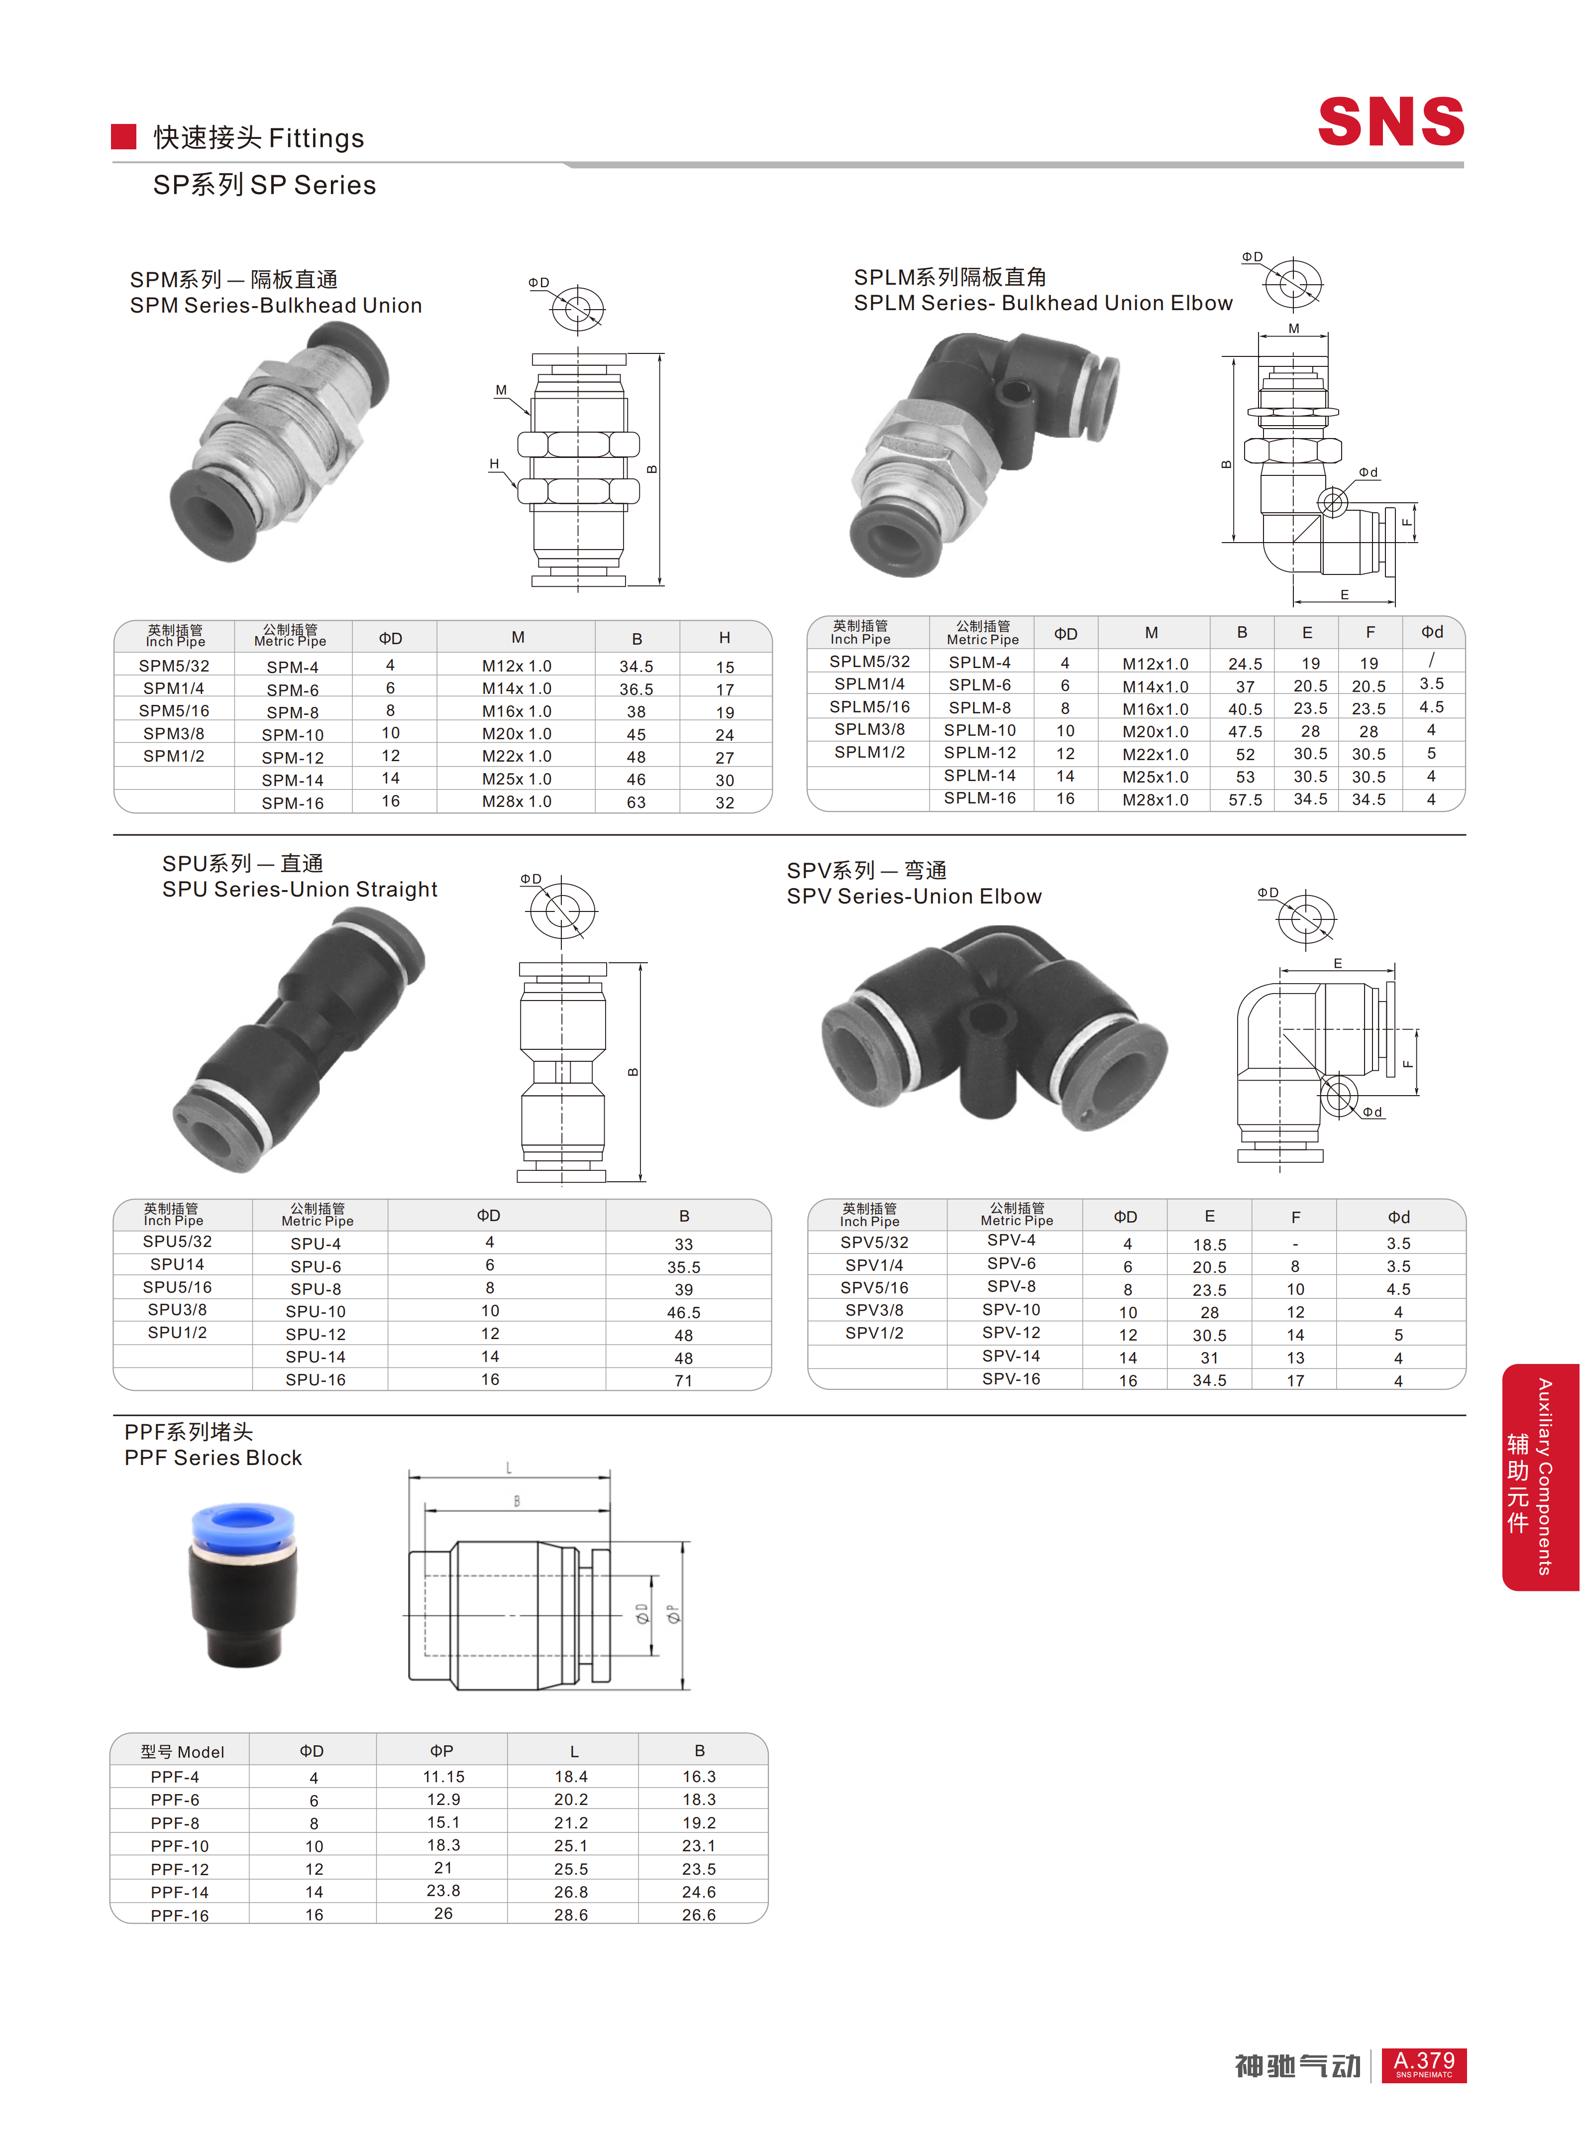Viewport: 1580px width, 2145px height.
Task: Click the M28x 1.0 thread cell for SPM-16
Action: click(517, 802)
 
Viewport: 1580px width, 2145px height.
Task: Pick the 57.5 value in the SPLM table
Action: click(1244, 800)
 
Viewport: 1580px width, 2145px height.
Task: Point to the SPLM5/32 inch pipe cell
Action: click(869, 661)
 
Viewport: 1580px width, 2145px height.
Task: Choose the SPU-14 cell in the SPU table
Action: click(316, 1356)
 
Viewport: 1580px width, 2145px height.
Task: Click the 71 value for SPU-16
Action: click(683, 1380)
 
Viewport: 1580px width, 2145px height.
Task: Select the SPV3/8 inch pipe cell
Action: click(874, 1310)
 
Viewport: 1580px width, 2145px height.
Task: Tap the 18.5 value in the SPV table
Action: click(1209, 1244)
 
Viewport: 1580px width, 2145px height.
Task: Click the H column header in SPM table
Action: click(724, 637)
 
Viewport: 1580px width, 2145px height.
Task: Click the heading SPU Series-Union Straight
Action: click(300, 890)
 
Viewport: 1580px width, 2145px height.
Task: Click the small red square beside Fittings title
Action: click(123, 137)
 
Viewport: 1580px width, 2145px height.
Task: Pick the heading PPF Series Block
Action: click(213, 1458)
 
